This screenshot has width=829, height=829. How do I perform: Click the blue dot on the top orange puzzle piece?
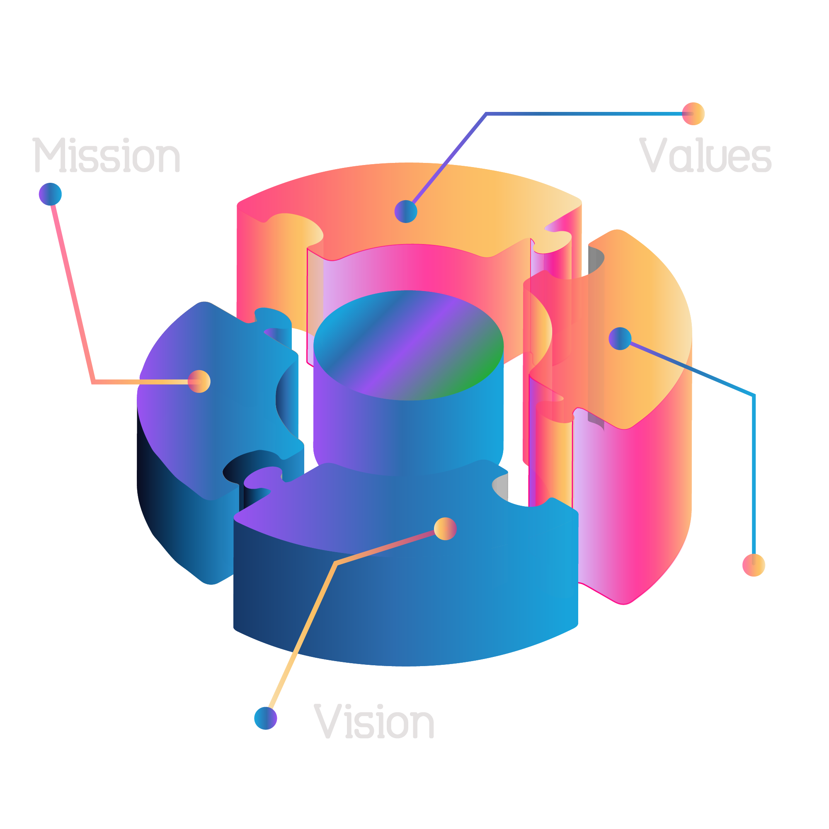click(405, 211)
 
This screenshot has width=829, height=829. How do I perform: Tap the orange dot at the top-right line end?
click(693, 114)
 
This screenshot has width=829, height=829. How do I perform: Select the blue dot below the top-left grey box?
click(50, 194)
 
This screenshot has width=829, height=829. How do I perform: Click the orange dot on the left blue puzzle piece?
click(199, 381)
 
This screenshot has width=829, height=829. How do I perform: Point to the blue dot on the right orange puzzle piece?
click(620, 339)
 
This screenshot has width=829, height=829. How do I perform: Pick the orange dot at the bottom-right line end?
click(754, 565)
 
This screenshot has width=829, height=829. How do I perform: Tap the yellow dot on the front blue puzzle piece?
click(445, 528)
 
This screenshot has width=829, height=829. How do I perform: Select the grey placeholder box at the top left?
click(106, 155)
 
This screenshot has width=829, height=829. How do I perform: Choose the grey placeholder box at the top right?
click(706, 155)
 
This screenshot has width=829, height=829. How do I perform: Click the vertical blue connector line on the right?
click(754, 472)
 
